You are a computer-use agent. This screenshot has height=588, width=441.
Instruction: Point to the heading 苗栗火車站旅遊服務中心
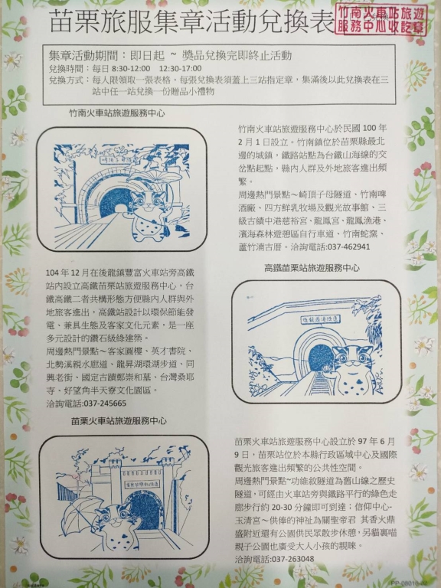click(x=119, y=421)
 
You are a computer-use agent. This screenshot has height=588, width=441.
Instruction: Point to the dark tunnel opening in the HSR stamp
click(x=320, y=357)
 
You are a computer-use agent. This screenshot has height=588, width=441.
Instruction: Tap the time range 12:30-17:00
click(x=162, y=68)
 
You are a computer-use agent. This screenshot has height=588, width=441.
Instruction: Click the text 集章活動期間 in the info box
click(x=81, y=56)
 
